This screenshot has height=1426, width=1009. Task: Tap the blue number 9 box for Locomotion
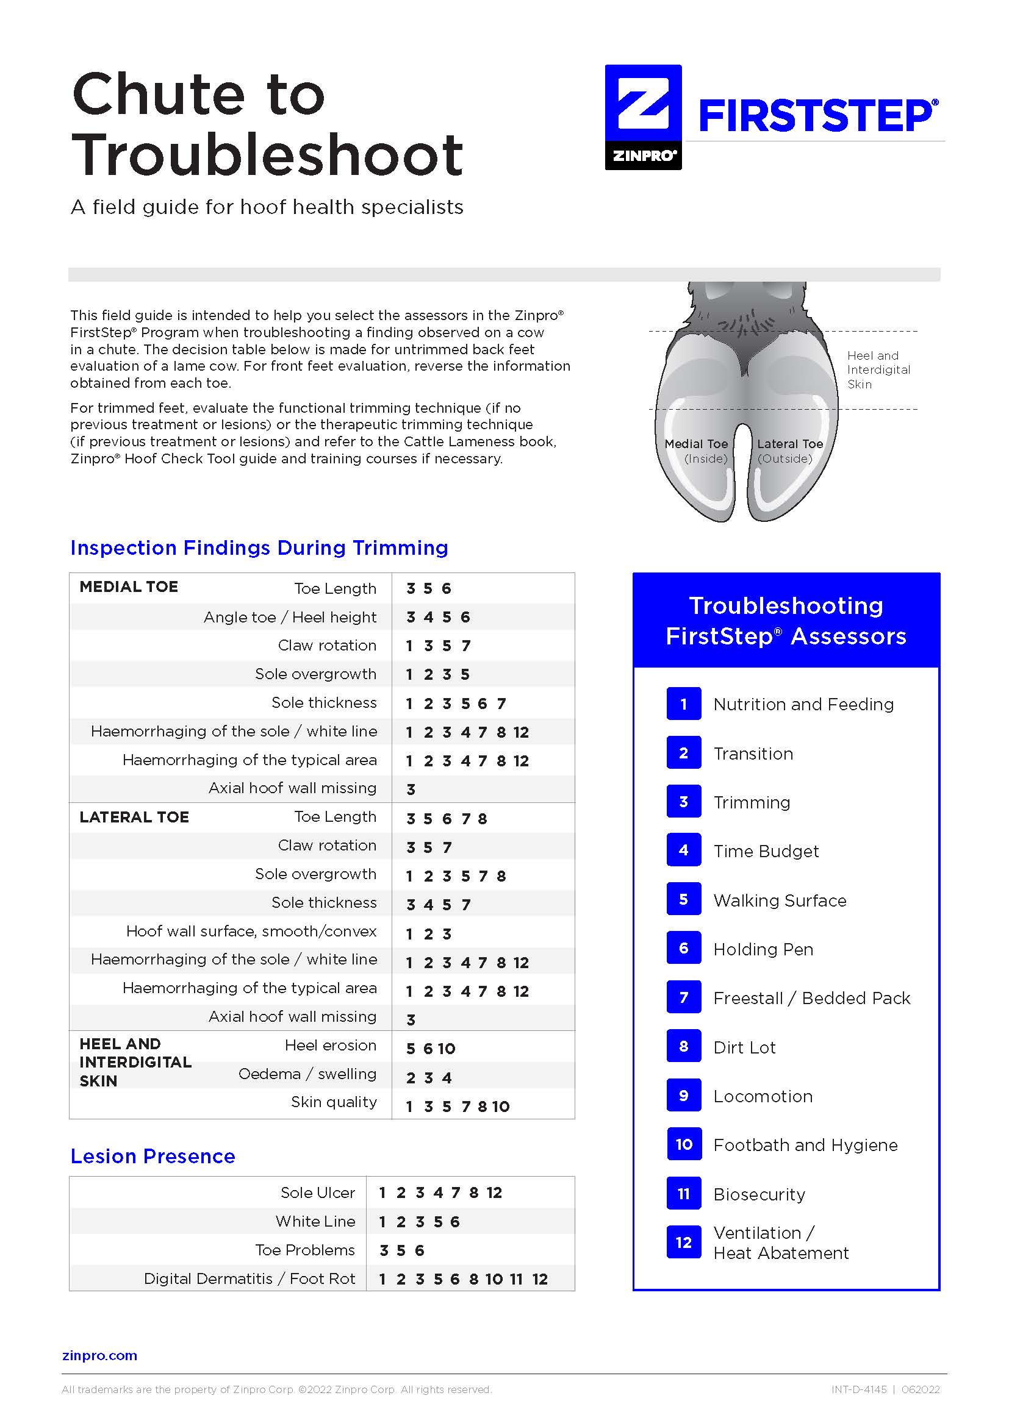click(683, 1096)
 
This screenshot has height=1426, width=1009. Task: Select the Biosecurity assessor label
click(759, 1194)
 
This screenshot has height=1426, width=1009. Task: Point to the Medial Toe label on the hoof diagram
click(696, 444)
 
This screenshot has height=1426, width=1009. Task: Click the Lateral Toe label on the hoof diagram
click(789, 444)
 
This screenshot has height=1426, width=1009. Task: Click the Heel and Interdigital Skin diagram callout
click(878, 369)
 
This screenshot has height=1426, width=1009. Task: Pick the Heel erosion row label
click(330, 1046)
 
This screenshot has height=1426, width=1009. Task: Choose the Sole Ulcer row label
click(317, 1192)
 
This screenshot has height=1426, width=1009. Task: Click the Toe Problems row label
click(304, 1250)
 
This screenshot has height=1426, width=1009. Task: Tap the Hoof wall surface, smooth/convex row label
click(251, 931)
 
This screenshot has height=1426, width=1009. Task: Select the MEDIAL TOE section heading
click(129, 587)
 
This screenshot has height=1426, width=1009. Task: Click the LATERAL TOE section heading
click(134, 817)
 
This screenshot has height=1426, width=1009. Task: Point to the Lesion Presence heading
click(153, 1156)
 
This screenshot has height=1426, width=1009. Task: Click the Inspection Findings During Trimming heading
click(259, 548)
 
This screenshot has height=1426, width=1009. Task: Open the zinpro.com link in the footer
click(99, 1355)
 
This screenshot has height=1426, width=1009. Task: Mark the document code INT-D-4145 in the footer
click(859, 1389)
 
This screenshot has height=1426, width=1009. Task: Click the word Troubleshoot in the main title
click(267, 155)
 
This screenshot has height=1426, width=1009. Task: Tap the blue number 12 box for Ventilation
click(683, 1242)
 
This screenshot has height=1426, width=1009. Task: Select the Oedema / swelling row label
click(307, 1074)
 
